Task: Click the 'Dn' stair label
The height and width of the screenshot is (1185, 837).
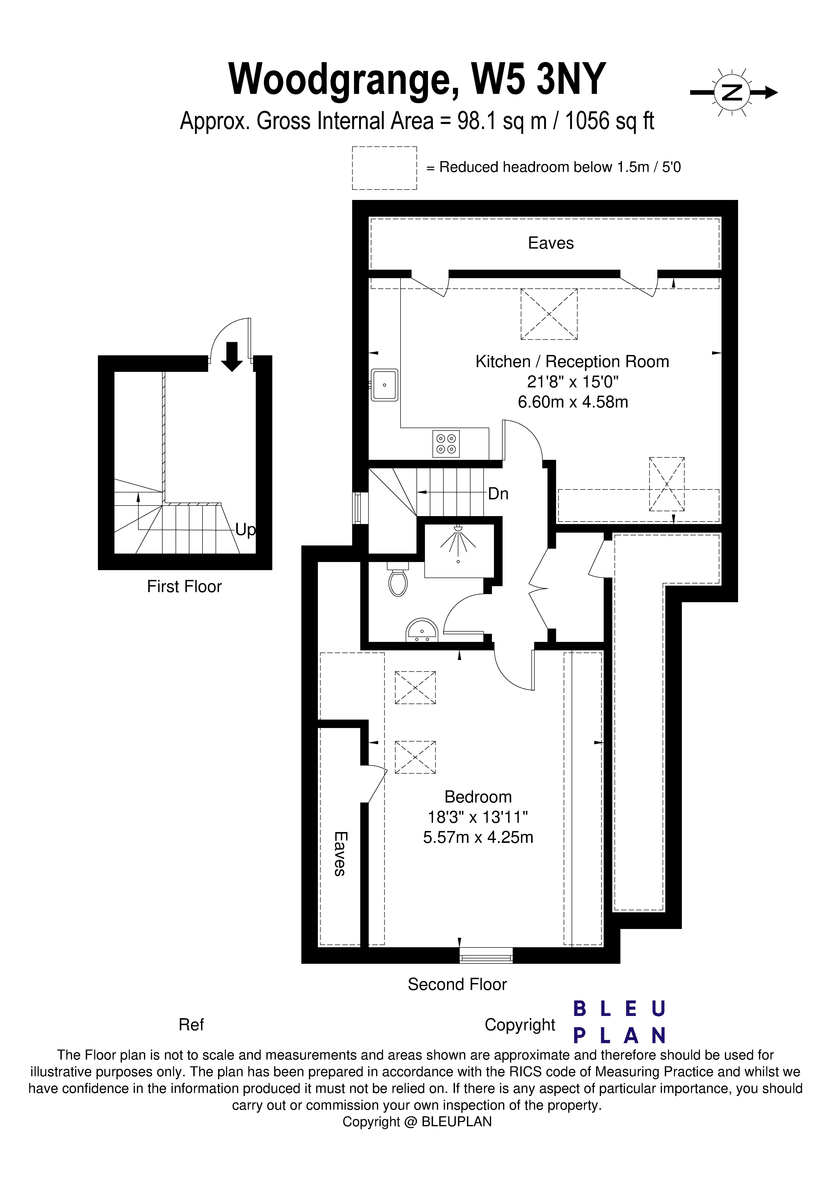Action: [x=498, y=494]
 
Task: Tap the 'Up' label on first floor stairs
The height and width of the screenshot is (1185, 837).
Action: [x=245, y=530]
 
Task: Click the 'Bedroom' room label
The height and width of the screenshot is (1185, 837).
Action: [x=478, y=797]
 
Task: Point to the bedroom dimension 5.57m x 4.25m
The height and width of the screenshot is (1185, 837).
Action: [x=478, y=837]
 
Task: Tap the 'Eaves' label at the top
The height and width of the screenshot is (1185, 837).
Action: [x=551, y=243]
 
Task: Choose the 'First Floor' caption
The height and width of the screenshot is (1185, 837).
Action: [x=184, y=587]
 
